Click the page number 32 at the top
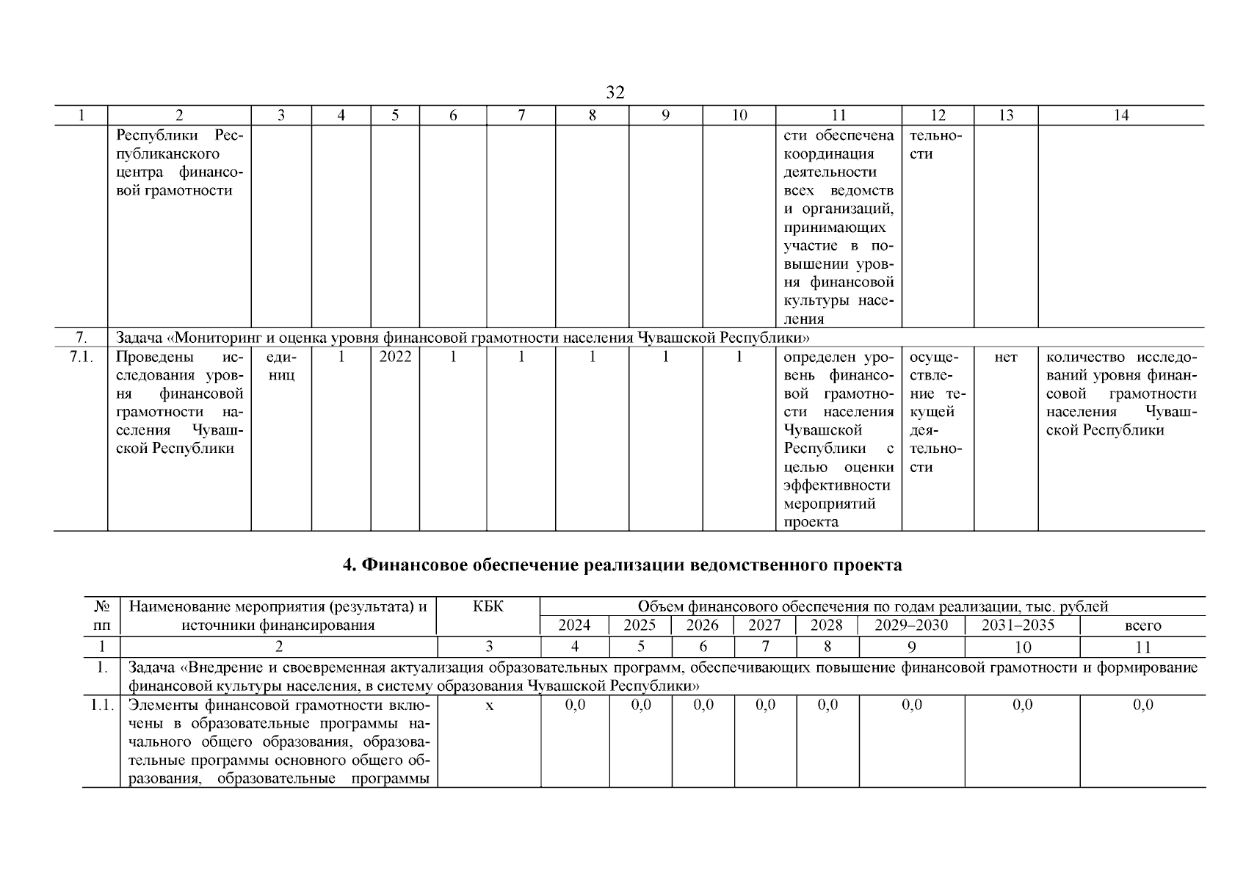tap(615, 93)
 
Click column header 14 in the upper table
tap(1121, 115)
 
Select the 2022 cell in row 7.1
tap(395, 357)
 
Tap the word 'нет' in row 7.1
tap(1006, 357)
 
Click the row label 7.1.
tap(81, 357)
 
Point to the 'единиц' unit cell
tap(281, 366)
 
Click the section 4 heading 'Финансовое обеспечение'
tap(623, 565)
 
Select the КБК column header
tap(488, 607)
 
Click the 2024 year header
tap(574, 626)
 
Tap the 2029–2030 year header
tap(911, 626)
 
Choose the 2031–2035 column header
tap(1021, 626)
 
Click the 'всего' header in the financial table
tap(1142, 626)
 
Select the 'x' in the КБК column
tap(489, 706)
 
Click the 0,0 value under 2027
tap(765, 706)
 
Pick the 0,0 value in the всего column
tap(1142, 706)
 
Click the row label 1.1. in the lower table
tap(101, 706)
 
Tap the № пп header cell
tap(101, 616)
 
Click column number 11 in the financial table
tap(1142, 648)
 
